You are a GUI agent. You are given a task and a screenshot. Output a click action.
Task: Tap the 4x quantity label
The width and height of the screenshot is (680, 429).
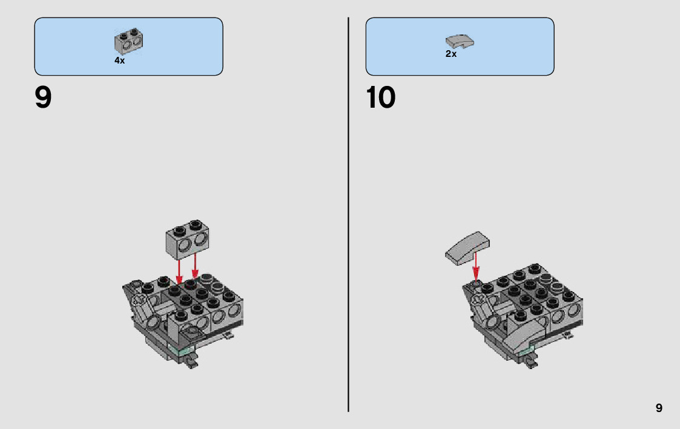[x=120, y=61]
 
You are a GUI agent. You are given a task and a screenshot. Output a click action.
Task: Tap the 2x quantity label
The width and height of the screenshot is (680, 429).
[x=451, y=54]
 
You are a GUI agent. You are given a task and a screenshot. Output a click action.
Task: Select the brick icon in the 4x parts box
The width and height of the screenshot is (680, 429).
[x=129, y=42]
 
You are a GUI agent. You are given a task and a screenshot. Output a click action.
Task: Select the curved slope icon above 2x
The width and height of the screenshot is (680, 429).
[x=460, y=41]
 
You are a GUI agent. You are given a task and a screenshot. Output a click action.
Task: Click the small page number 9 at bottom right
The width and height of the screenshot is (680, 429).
[x=659, y=408]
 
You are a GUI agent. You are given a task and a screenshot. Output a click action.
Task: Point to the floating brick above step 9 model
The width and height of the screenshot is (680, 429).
[x=187, y=240]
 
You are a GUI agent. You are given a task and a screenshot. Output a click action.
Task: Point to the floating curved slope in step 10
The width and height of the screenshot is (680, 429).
[x=467, y=248]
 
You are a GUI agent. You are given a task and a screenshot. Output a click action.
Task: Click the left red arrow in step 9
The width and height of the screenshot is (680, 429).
[x=179, y=272]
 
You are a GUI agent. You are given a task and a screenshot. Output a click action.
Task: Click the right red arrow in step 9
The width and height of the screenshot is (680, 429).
[x=195, y=266]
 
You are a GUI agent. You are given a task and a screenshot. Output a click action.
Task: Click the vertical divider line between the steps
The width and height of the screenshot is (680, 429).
[x=348, y=214]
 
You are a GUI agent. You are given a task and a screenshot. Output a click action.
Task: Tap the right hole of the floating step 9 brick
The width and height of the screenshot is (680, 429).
[x=201, y=239]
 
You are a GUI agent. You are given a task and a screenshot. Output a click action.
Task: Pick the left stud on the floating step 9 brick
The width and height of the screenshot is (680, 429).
[x=180, y=231]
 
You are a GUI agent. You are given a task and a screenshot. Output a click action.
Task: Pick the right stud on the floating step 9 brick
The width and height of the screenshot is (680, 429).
[x=196, y=224]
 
